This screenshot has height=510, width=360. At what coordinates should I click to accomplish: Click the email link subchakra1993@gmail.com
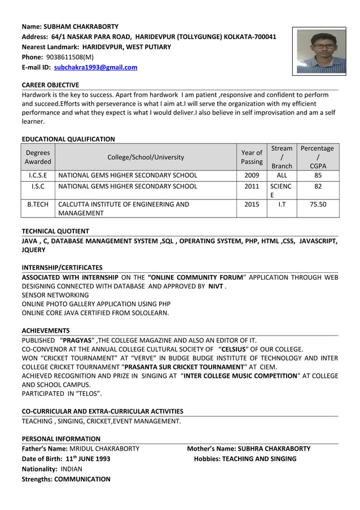click(x=95, y=68)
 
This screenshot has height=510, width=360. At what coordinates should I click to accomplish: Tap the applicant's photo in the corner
click(x=322, y=51)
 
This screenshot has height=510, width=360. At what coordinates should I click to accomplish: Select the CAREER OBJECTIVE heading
click(x=50, y=85)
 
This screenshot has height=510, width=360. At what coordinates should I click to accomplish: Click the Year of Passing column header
click(x=251, y=157)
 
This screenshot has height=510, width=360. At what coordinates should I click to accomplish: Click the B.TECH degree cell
click(x=38, y=204)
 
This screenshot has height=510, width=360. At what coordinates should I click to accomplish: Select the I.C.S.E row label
click(x=38, y=175)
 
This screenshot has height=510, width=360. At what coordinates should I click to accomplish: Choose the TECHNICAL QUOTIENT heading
click(x=55, y=231)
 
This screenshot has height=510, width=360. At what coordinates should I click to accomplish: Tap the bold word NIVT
click(x=216, y=286)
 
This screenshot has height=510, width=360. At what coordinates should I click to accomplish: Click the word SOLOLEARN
click(x=148, y=312)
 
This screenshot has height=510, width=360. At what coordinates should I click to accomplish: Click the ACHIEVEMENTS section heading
click(x=46, y=330)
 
